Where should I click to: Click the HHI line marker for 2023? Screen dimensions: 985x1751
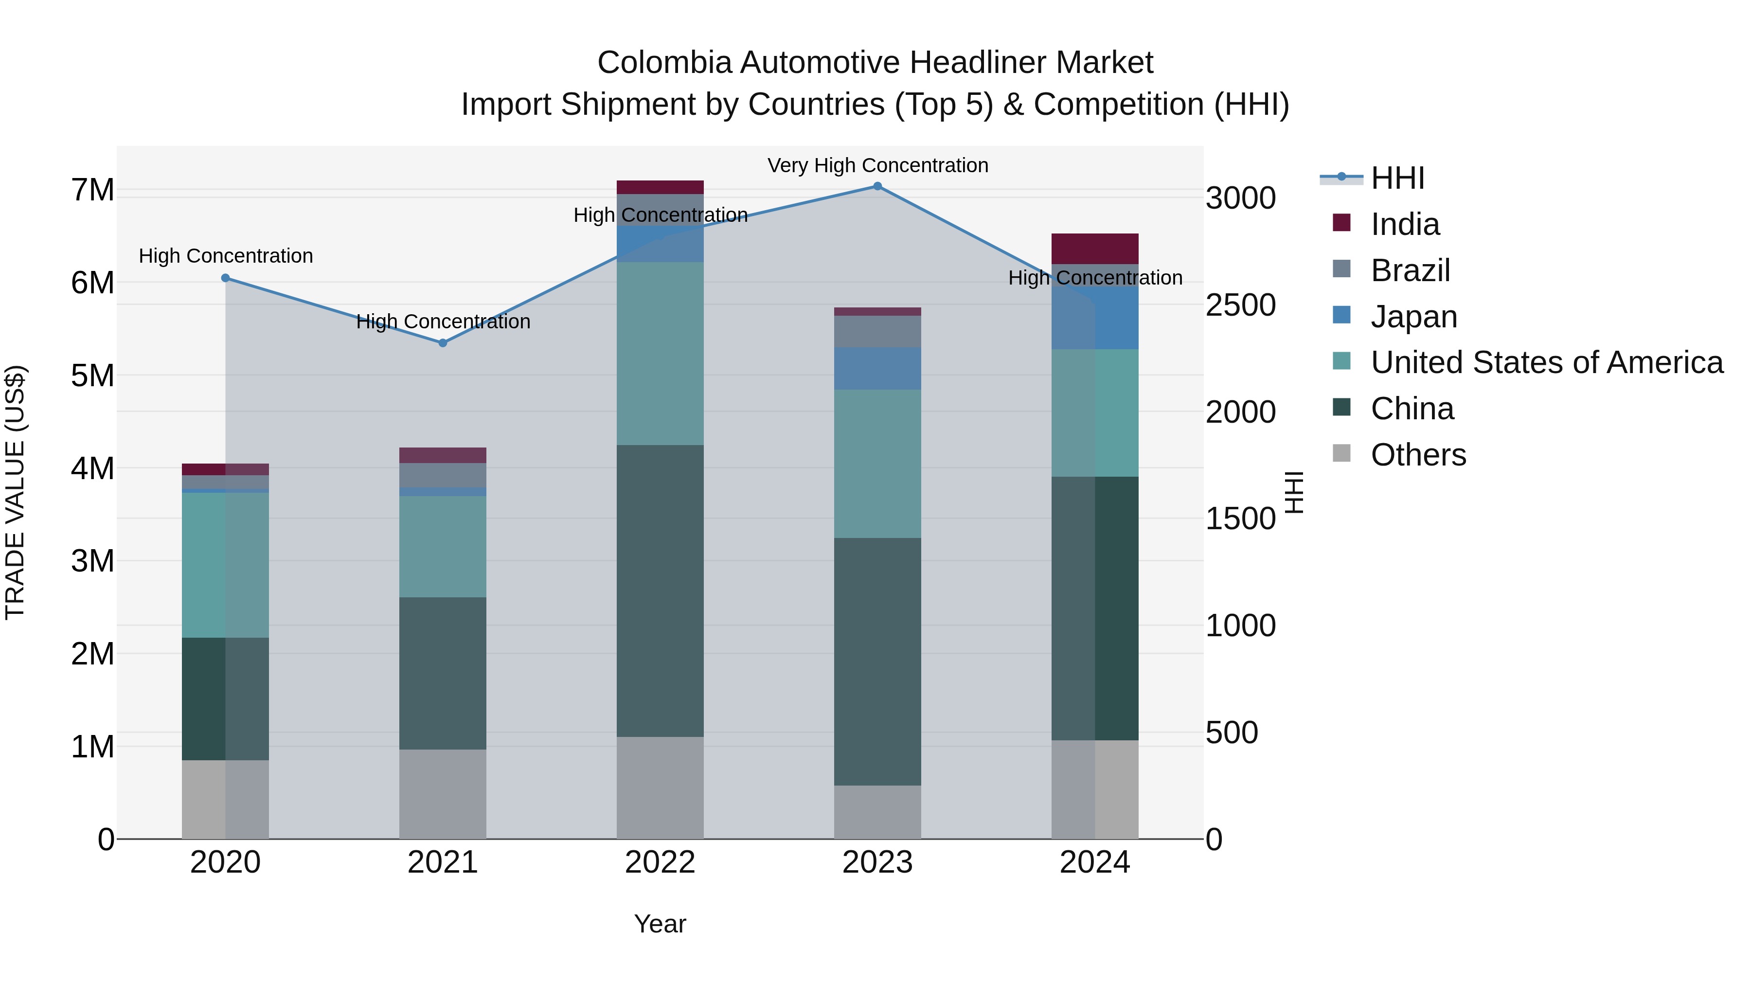(x=877, y=186)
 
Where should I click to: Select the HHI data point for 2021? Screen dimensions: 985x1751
(x=443, y=343)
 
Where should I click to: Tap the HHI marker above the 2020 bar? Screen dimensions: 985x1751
(x=226, y=278)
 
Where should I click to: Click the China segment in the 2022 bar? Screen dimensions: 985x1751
(x=660, y=591)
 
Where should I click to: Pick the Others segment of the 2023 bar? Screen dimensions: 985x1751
(x=877, y=812)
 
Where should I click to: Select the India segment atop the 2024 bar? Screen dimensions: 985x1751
(x=1094, y=249)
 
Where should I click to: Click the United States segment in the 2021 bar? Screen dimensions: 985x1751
(x=443, y=547)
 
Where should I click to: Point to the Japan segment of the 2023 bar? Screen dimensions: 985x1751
(x=877, y=368)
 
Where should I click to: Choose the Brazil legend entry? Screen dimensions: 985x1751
(x=1411, y=270)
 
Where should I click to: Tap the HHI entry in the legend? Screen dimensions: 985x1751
(x=1397, y=178)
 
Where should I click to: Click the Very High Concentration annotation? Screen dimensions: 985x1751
(x=877, y=165)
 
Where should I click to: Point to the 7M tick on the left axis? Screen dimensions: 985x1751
(x=93, y=190)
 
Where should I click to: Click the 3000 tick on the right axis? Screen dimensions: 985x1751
(x=1240, y=198)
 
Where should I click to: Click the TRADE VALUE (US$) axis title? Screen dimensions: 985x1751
(x=15, y=492)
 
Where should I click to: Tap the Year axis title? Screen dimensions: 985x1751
(x=660, y=924)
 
